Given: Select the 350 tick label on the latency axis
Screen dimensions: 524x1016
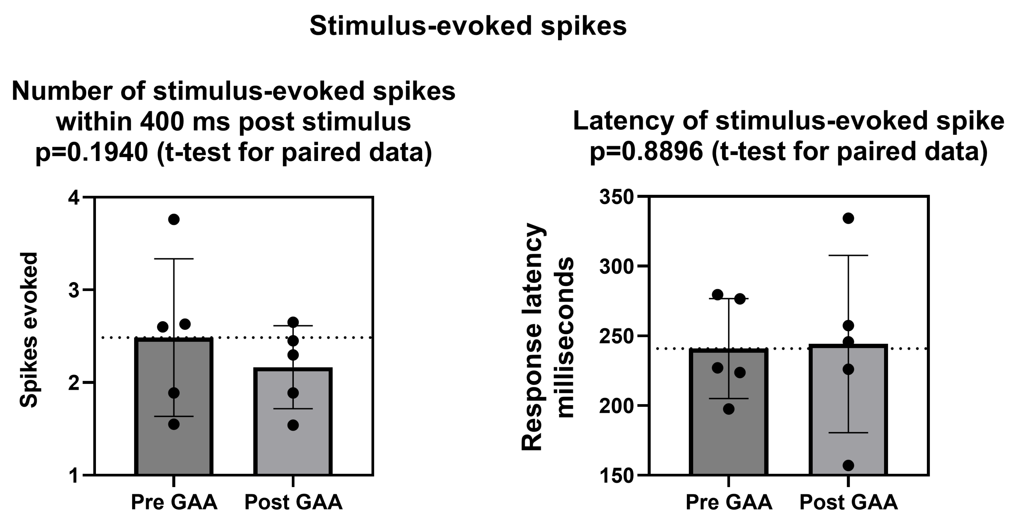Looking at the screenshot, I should tap(616, 197).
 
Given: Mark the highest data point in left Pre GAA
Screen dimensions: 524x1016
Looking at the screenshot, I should tap(174, 220).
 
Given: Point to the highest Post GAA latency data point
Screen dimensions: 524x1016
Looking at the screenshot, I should tap(848, 218).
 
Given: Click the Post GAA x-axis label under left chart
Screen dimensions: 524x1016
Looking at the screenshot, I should tap(293, 502).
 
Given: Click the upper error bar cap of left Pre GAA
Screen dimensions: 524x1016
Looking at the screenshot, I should tap(174, 259).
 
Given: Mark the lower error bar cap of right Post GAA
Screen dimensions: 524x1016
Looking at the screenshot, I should tap(848, 433).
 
